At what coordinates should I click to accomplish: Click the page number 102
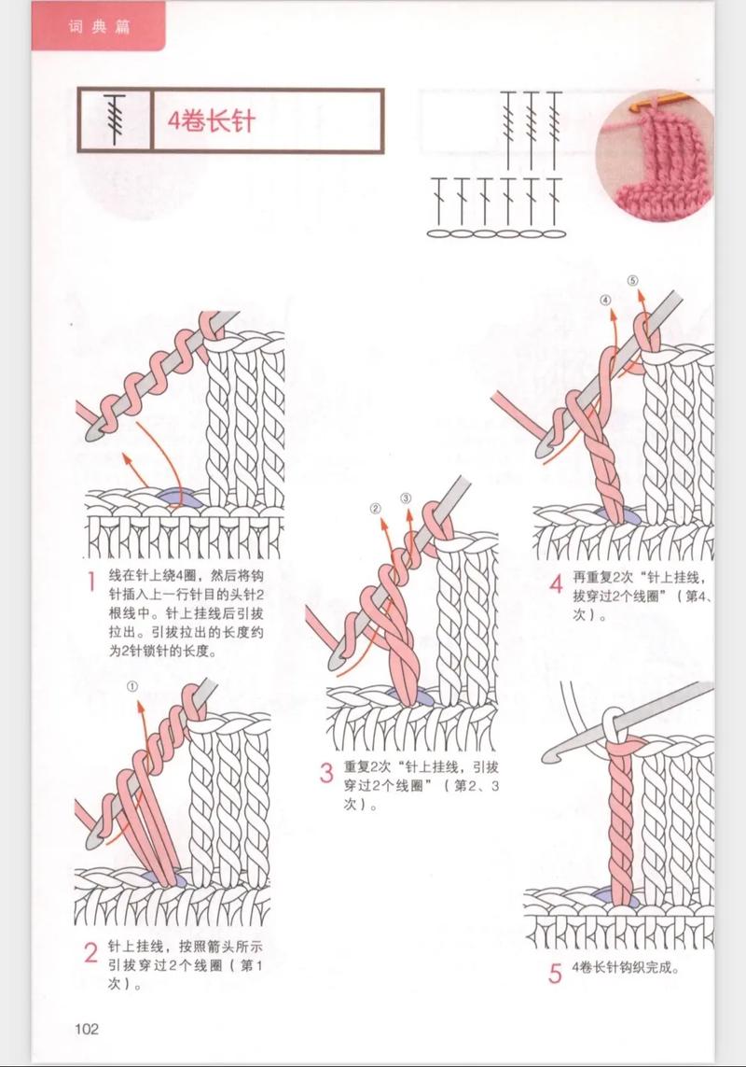[x=87, y=1029]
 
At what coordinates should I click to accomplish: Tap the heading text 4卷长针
[x=211, y=121]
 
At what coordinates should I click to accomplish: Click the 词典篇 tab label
[x=98, y=26]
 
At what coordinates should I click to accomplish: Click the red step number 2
[x=91, y=953]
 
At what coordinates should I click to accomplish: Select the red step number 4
[x=556, y=585]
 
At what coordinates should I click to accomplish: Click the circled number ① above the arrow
[x=132, y=686]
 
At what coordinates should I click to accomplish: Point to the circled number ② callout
[x=376, y=510]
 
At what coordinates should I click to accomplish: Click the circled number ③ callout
[x=407, y=498]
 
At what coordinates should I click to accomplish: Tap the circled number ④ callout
[x=605, y=301]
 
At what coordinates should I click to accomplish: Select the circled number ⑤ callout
[x=632, y=281]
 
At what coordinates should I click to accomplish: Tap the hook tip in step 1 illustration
[x=93, y=432]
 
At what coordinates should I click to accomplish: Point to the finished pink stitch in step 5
[x=623, y=812]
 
